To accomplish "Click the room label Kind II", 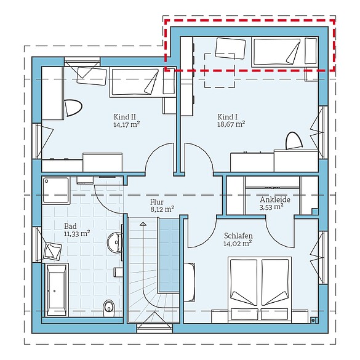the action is pyautogui.click(x=125, y=117).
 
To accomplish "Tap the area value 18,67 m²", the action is pyautogui.click(x=231, y=124).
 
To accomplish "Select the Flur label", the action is pyautogui.click(x=157, y=202).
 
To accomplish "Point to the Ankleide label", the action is pyautogui.click(x=275, y=199).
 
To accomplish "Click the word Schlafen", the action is pyautogui.click(x=238, y=236).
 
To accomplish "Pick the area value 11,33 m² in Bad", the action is pyautogui.click(x=77, y=234).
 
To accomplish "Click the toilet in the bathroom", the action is pyautogui.click(x=109, y=308).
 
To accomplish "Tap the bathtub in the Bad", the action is pyautogui.click(x=56, y=290).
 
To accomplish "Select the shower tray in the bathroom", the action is pyautogui.click(x=56, y=190).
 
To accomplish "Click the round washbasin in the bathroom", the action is pyautogui.click(x=114, y=242).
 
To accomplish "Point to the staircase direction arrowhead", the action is pyautogui.click(x=143, y=224).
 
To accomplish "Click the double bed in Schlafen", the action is pyautogui.click(x=260, y=289).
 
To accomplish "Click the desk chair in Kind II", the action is pyautogui.click(x=73, y=108).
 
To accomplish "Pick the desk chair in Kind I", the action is pyautogui.click(x=294, y=140).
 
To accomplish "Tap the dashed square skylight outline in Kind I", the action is pyautogui.click(x=220, y=71).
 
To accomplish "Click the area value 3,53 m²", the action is pyautogui.click(x=271, y=207).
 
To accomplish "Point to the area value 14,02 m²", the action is pyautogui.click(x=238, y=243).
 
